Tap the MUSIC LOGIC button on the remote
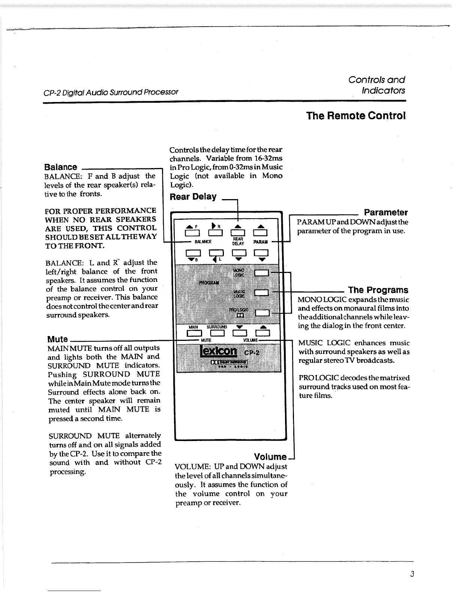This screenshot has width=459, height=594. tap(261, 292)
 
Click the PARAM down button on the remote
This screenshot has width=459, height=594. tap(261, 253)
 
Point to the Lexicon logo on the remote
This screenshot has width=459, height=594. tap(219, 351)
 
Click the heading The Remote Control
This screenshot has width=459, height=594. tap(355, 115)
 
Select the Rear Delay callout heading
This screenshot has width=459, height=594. tap(193, 197)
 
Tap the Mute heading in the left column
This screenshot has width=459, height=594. tap(57, 339)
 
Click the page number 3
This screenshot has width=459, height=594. tap(412, 574)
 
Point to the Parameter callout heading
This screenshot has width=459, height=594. tap(386, 213)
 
